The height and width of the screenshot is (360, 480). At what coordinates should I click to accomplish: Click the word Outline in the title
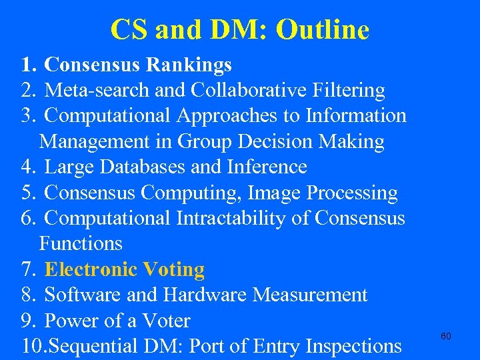tap(322, 30)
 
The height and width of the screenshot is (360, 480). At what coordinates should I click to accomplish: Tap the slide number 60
tap(446, 336)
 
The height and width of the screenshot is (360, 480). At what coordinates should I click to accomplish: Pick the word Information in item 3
tap(356, 115)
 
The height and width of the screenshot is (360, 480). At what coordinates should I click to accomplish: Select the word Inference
tap(268, 167)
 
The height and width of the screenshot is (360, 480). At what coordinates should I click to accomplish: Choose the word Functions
tap(81, 243)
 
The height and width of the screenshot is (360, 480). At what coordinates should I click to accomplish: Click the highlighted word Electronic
tap(91, 269)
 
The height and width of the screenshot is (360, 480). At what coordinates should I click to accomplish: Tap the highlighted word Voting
tap(173, 269)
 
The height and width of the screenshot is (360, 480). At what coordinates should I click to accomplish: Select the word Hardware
tap(201, 295)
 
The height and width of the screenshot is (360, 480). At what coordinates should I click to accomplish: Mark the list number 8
tap(27, 295)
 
